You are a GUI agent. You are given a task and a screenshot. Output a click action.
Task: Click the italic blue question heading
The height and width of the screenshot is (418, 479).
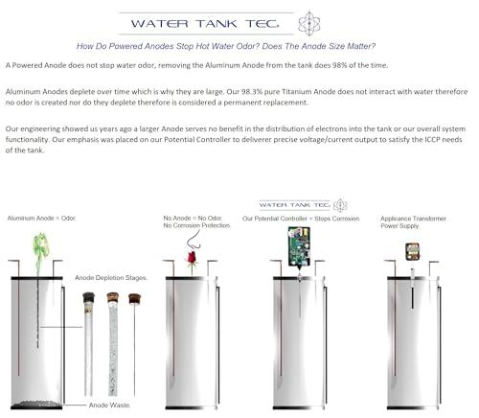pos(225,46)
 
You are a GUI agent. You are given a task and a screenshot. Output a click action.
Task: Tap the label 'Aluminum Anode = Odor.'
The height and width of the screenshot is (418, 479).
pos(41,219)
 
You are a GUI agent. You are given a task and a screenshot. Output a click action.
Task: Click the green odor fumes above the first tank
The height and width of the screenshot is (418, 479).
pos(40,246)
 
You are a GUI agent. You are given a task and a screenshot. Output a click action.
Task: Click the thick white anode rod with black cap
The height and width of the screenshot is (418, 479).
pos(89,336)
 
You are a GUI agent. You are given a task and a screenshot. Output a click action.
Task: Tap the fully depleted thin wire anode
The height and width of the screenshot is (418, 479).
pos(135,336)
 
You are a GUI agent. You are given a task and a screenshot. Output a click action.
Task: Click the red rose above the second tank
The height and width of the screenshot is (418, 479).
pos(191,257)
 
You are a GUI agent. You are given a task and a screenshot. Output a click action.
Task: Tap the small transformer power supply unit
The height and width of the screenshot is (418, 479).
pos(413,251)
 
